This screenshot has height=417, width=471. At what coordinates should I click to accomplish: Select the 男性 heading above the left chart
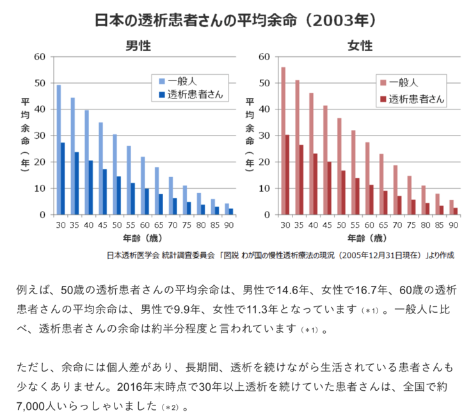[136, 46]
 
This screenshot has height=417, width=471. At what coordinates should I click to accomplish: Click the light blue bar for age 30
[59, 150]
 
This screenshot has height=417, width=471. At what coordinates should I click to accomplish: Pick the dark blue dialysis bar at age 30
[63, 178]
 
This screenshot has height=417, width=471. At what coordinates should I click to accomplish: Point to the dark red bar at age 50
[344, 192]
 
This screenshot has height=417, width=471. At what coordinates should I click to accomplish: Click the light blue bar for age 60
[143, 185]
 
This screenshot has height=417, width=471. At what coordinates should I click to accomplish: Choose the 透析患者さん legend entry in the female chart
[416, 98]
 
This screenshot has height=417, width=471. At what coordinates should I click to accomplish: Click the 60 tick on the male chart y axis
[40, 57]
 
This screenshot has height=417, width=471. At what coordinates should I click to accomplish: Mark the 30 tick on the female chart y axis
[264, 136]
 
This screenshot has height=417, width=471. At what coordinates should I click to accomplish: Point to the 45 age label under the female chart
[327, 225]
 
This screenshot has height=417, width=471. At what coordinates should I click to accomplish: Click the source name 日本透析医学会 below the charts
[135, 255]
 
